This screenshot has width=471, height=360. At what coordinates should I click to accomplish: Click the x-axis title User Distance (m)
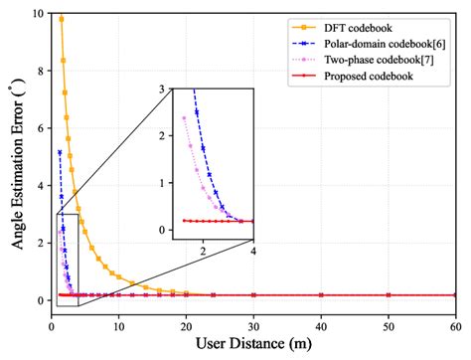coord(254,345)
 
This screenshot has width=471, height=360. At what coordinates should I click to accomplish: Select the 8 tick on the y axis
coord(39,71)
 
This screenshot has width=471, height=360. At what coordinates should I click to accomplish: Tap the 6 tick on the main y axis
coord(39,128)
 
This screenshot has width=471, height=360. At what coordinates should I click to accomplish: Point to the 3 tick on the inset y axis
coord(164,90)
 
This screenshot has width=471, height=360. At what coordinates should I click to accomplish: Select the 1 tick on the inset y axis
coord(164,183)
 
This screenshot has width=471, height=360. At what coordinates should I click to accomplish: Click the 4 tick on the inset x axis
coord(252,253)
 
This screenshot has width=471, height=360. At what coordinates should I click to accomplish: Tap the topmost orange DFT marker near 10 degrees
coord(61,19)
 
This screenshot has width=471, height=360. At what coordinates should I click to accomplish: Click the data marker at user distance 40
coord(321,295)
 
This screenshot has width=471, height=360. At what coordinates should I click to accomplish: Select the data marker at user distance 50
coord(389,295)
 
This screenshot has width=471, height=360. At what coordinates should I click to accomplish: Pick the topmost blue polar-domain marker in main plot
coord(60,152)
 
